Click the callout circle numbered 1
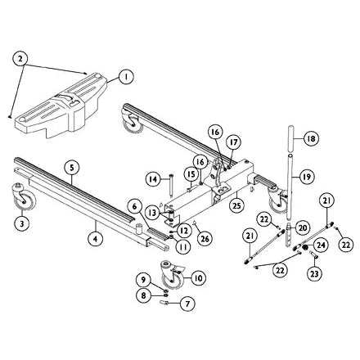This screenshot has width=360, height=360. [125, 77]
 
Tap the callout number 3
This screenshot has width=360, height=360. [23, 222]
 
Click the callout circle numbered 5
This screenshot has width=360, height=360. [72, 168]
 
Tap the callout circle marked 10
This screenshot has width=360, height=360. [198, 277]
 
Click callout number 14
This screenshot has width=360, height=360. [152, 178]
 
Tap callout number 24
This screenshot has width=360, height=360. [321, 243]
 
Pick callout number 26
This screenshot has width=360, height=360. [204, 239]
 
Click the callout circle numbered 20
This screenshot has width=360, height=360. [302, 227]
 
